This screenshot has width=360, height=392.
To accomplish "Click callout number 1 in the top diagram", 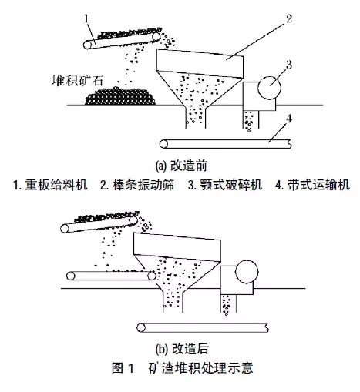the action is [x=86, y=19].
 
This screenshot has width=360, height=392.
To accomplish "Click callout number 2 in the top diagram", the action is [x=289, y=18].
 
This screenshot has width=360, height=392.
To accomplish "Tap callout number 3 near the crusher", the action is [x=289, y=65].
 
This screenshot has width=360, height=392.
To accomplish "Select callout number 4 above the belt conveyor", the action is [x=289, y=119].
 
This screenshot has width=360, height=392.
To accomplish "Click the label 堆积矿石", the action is [x=77, y=80].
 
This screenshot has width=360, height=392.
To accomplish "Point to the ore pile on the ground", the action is [x=120, y=96].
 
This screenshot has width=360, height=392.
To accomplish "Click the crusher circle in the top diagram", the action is [x=269, y=88].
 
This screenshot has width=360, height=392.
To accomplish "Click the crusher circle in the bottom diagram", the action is [x=247, y=272].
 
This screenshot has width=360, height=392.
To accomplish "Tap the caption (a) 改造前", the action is [x=181, y=166].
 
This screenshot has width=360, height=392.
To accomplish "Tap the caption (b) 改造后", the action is [x=182, y=349].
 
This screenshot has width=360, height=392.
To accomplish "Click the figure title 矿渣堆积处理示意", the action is [x=200, y=367].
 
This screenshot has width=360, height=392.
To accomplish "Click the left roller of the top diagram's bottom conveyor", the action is [x=163, y=144].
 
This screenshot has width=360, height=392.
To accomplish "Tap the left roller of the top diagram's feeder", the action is [x=87, y=45].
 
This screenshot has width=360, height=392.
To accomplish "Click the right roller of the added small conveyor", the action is [x=152, y=276].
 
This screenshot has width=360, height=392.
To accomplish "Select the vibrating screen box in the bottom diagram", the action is [x=177, y=247].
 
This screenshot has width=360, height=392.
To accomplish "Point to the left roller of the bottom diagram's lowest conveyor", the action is [x=141, y=328].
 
